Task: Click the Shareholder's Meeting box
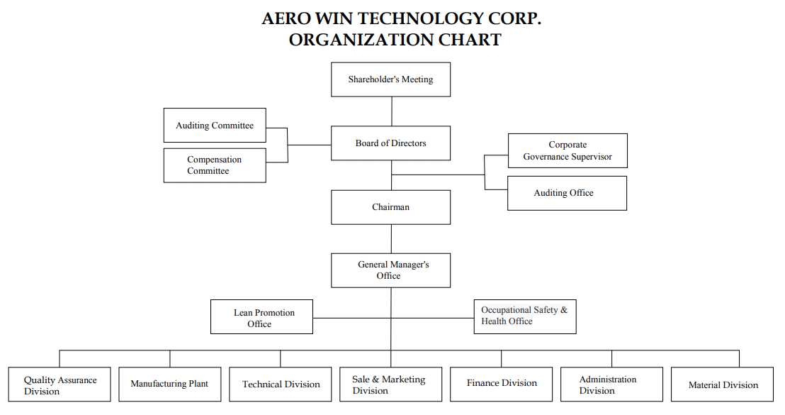(390, 79)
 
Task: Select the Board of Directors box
(390, 143)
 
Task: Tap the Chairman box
(390, 207)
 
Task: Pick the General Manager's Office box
(390, 271)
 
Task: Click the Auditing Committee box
(215, 126)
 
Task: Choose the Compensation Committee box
(215, 165)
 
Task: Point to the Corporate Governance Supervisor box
(567, 150)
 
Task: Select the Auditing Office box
(567, 193)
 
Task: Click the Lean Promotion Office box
(262, 317)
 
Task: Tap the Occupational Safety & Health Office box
(525, 317)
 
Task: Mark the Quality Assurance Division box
(60, 384)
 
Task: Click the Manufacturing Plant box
(170, 384)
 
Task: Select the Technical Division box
(281, 384)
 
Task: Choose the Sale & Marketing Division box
(391, 384)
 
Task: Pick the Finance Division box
(501, 384)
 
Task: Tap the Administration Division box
(612, 384)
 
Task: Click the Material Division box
(723, 384)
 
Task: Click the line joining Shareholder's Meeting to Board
(392, 111)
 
